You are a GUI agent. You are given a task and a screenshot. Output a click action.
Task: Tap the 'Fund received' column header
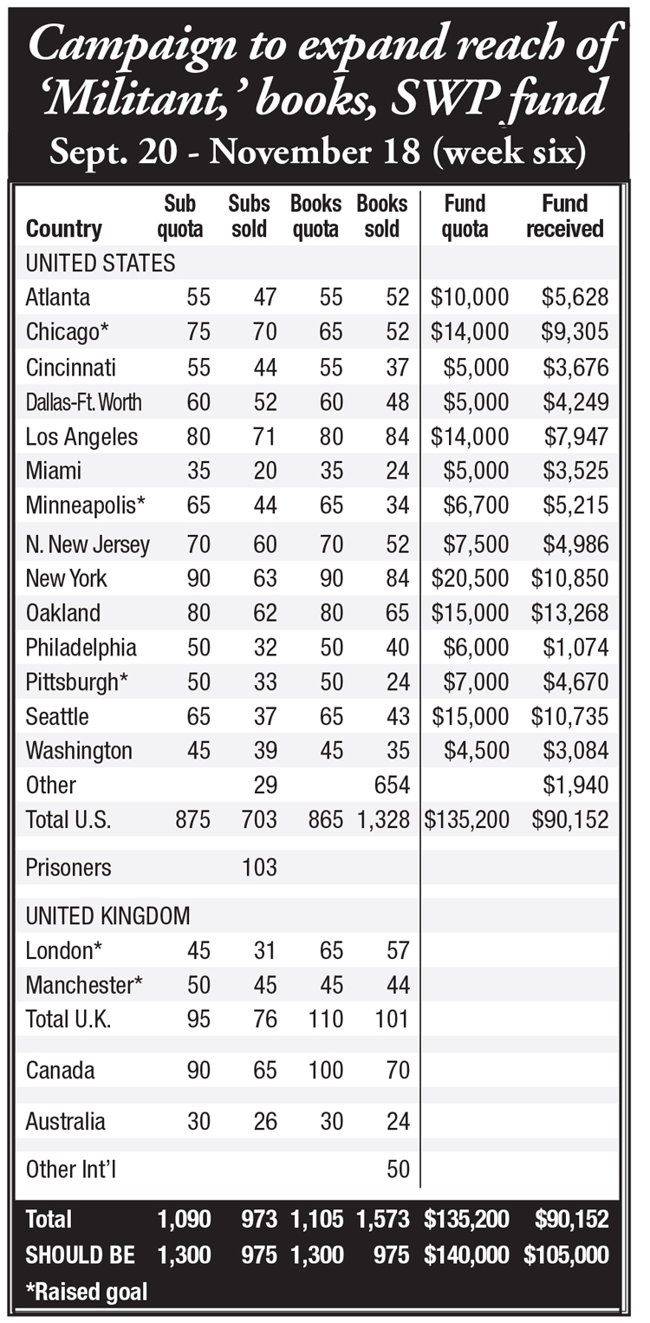coord(564,216)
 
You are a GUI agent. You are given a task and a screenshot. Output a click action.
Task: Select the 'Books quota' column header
coord(315,216)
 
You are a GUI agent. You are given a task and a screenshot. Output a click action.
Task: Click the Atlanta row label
coord(58,297)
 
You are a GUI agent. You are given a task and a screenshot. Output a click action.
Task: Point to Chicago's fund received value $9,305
coord(574,331)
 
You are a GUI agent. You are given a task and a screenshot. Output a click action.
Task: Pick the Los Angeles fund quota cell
coord(470,436)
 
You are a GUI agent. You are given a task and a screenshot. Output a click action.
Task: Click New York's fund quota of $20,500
coord(470,578)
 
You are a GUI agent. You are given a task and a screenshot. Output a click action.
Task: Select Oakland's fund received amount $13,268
coord(569,613)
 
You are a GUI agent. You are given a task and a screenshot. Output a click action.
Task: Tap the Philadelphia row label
coord(81,648)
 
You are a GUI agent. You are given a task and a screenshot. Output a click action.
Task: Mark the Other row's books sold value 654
coord(392,785)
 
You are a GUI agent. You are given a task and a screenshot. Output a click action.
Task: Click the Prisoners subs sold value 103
coord(259,868)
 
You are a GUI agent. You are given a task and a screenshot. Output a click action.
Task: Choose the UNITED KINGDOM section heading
coord(108,916)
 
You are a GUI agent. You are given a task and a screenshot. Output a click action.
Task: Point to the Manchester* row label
coord(84,985)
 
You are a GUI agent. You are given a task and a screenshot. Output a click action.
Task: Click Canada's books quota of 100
coord(325,1070)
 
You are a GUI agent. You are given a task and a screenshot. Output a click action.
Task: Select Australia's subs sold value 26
coord(265,1122)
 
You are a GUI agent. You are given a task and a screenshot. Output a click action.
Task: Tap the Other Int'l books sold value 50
coord(398,1170)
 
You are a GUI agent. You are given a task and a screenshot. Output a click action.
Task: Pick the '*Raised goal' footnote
coord(86,1292)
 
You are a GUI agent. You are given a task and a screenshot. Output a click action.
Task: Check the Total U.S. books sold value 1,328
coord(383,820)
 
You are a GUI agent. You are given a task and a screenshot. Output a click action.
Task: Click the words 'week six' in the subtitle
coord(509,152)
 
